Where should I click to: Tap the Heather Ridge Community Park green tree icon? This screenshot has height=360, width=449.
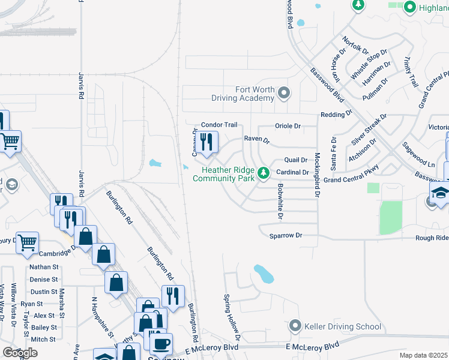pyautogui.click(x=263, y=173)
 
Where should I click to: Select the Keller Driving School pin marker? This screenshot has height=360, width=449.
pyautogui.click(x=295, y=326)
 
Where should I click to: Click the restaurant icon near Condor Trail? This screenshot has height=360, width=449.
pyautogui.click(x=205, y=142)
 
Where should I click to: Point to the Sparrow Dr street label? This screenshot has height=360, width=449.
pyautogui.click(x=285, y=236)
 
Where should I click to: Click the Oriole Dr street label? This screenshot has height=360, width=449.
pyautogui.click(x=287, y=126)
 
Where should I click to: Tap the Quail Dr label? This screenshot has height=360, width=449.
pyautogui.click(x=296, y=160)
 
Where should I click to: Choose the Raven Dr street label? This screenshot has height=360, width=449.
pyautogui.click(x=257, y=139)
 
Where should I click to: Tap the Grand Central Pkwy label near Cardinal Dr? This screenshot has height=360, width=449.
pyautogui.click(x=351, y=179)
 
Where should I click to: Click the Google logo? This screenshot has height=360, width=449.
pyautogui.click(x=20, y=352)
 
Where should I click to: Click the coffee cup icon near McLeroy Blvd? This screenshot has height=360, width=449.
pyautogui.click(x=161, y=344)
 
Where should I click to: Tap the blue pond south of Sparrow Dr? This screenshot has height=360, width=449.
pyautogui.click(x=264, y=274)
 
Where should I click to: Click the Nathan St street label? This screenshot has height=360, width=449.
pyautogui.click(x=44, y=267)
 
